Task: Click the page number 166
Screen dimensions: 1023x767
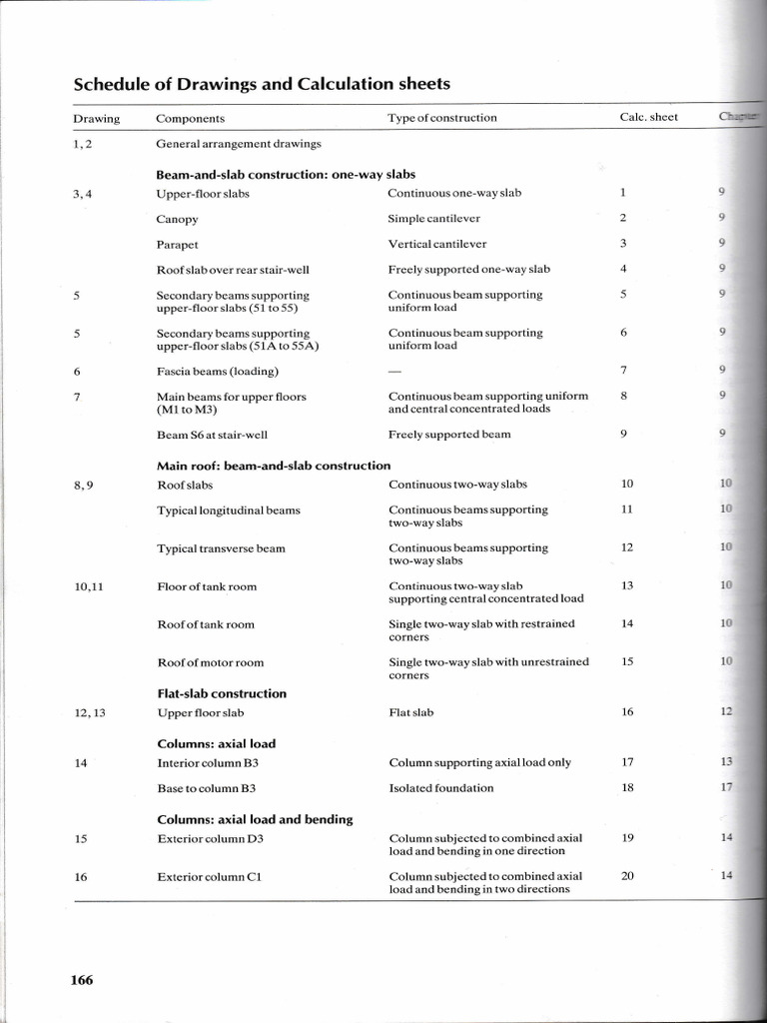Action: (82, 980)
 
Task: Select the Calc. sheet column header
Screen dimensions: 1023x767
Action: (648, 118)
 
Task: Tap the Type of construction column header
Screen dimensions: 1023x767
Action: (441, 118)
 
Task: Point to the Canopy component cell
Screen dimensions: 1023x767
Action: (177, 219)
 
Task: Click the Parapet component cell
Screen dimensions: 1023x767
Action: (177, 245)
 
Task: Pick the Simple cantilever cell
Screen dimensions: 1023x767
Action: (433, 219)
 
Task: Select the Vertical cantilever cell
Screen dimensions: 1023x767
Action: (437, 244)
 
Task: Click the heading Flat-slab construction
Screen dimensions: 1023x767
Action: (222, 693)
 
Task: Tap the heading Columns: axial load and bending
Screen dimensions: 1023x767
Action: (255, 819)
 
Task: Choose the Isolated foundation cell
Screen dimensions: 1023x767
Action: (440, 788)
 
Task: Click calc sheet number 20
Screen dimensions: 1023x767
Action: (627, 876)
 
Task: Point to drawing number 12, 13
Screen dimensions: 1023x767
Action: (89, 713)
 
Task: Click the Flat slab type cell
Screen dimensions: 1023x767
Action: (410, 713)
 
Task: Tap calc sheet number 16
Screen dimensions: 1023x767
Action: (627, 712)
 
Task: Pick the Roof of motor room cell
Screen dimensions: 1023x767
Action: (210, 662)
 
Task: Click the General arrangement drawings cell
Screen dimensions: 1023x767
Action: (239, 144)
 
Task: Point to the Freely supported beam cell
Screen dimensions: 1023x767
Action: (448, 435)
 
